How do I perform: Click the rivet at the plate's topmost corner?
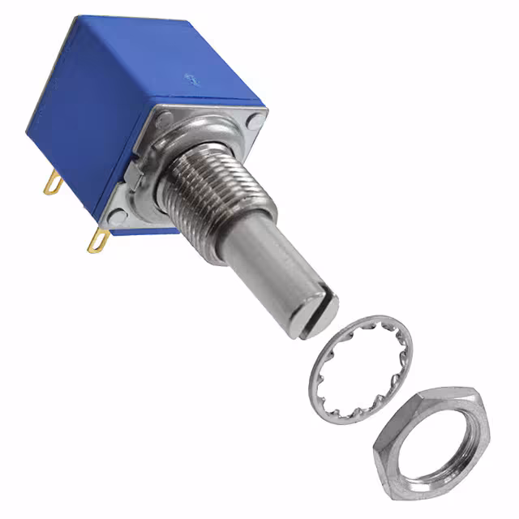(165, 121)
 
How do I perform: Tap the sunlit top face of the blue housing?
(170, 57)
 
